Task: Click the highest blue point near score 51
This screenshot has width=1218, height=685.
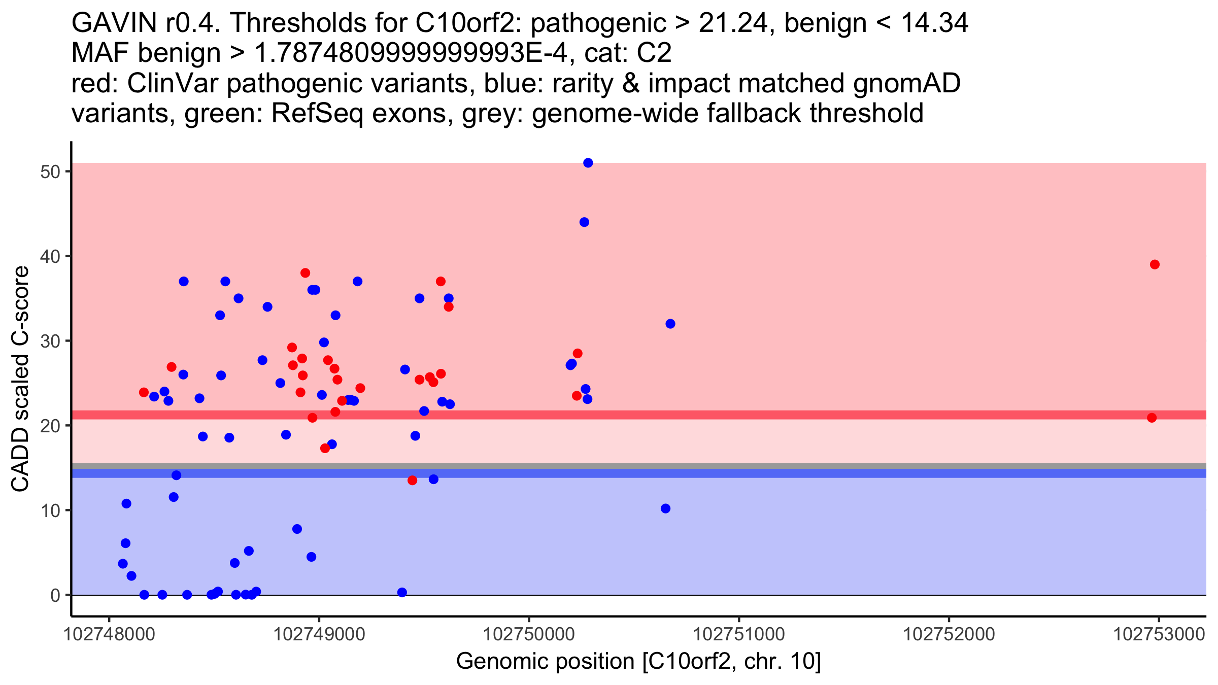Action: [x=588, y=163]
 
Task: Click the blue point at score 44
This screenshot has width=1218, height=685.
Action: [x=584, y=222]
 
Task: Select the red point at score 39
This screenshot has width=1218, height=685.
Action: [x=1155, y=264]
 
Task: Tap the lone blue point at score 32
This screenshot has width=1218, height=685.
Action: [x=670, y=324]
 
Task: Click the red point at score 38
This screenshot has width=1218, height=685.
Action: [x=305, y=273]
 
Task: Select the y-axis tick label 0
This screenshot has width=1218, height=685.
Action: [x=55, y=595]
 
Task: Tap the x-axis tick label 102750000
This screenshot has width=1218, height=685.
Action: [x=529, y=634]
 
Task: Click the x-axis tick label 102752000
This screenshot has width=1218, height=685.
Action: [x=949, y=634]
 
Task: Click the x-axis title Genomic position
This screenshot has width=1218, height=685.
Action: [x=638, y=662]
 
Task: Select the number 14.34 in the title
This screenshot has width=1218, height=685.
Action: [x=934, y=23]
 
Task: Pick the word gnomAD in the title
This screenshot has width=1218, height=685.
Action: [x=906, y=84]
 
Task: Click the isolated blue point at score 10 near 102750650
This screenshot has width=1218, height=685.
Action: [x=665, y=508]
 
